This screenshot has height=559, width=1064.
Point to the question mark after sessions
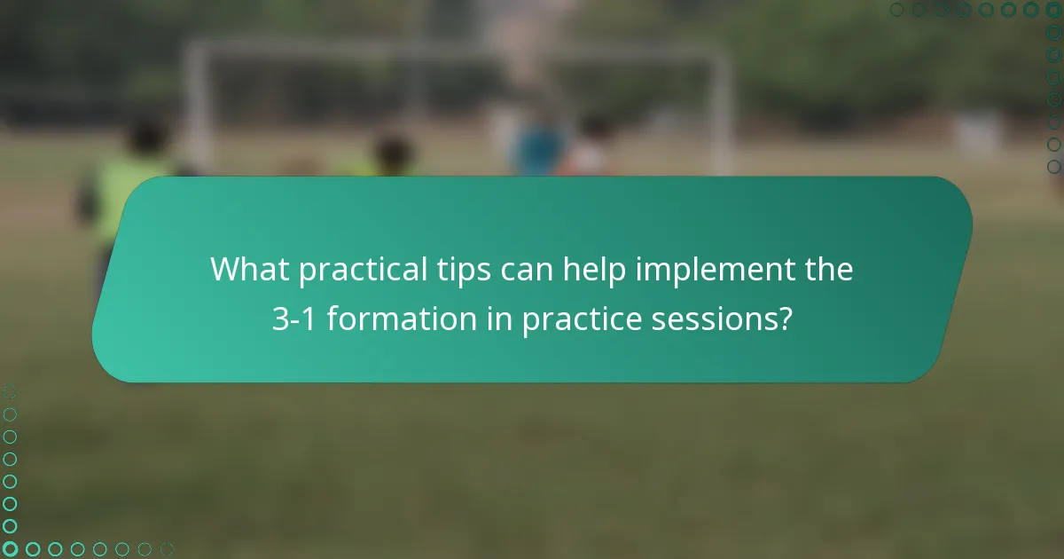coord(785,319)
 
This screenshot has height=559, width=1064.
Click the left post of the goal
coord(193,106)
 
